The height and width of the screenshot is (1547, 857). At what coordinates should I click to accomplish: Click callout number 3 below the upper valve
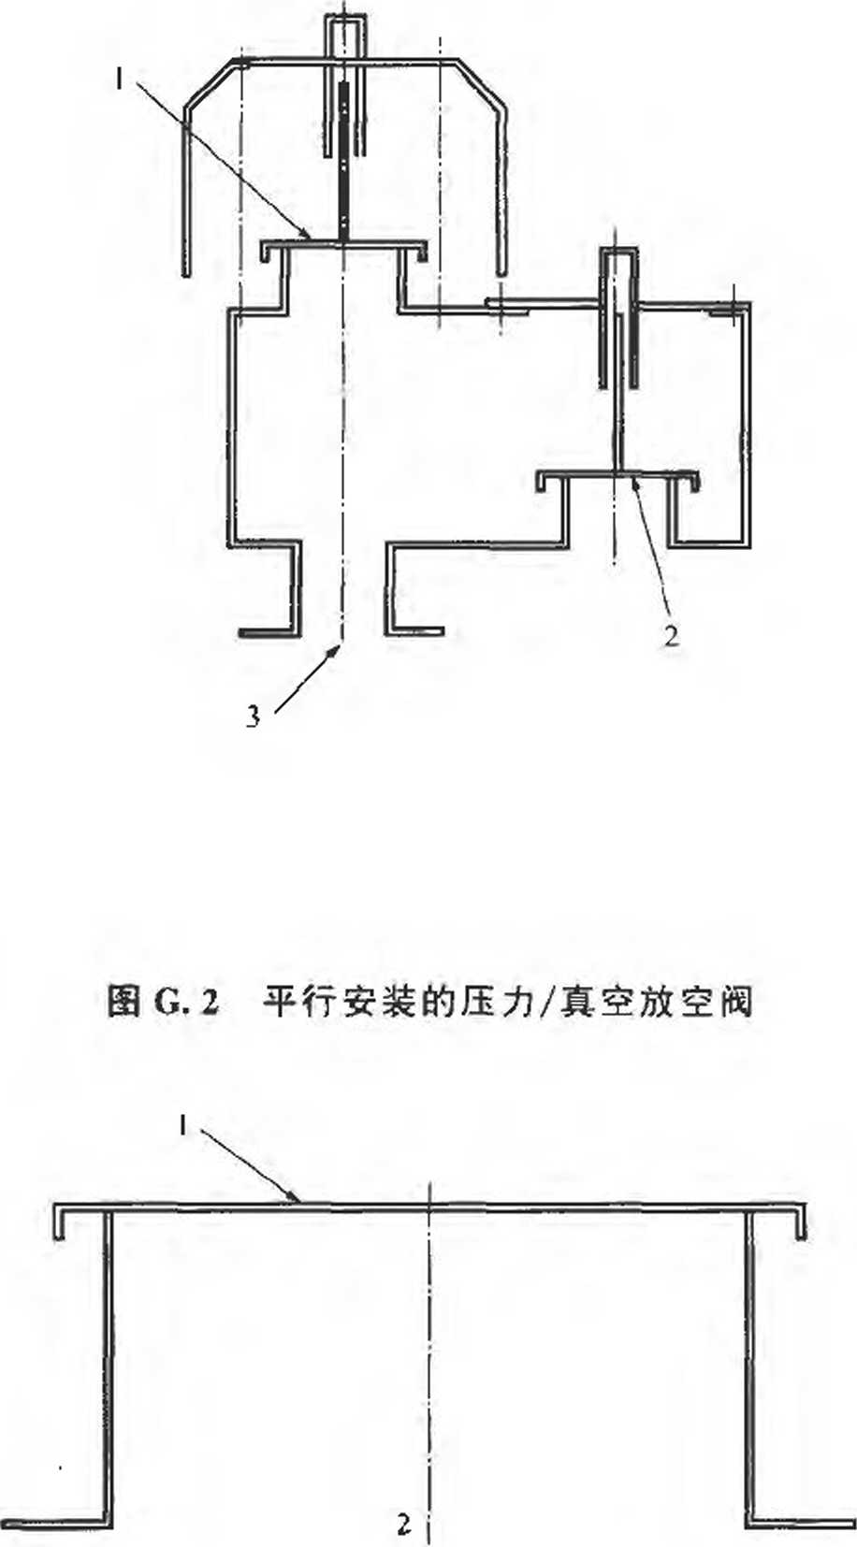click(253, 717)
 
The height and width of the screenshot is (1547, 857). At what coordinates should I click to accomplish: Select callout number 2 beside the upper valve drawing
click(672, 636)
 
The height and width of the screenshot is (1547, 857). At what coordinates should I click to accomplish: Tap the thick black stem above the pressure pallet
click(344, 159)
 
